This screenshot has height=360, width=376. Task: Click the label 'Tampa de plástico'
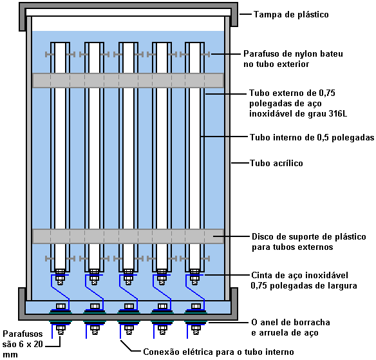[291, 14]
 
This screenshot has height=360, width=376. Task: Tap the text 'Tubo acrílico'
[276, 163]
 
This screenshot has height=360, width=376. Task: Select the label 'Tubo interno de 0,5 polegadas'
[312, 137]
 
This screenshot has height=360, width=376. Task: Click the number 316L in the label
[338, 113]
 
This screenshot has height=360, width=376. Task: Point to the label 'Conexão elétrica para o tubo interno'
[218, 352]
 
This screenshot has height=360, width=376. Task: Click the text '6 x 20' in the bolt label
[31, 344]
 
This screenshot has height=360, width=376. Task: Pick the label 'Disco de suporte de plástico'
[309, 237]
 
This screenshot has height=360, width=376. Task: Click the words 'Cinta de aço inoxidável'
[299, 275]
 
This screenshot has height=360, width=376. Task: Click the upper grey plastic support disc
[128, 81]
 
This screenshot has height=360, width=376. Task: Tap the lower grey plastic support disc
[128, 236]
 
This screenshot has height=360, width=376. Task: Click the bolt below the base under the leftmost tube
[61, 329]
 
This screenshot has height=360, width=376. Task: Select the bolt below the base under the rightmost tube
[196, 329]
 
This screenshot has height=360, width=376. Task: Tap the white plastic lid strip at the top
[128, 12]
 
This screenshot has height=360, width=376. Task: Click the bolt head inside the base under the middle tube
[129, 307]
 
